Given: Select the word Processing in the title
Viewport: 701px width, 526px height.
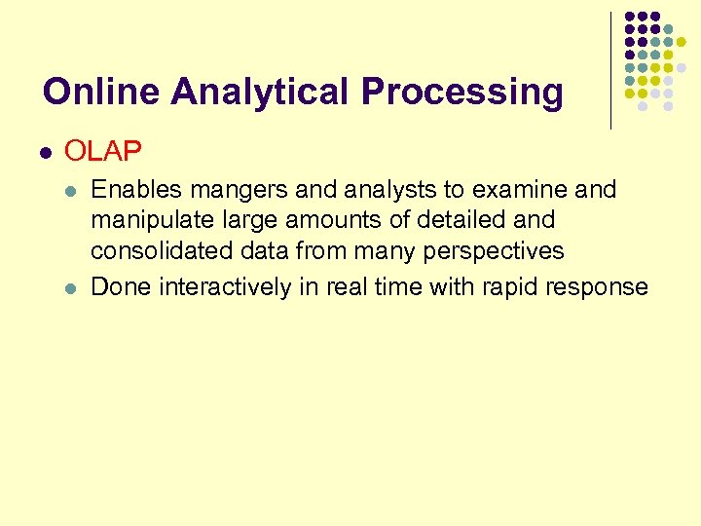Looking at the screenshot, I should [x=461, y=92].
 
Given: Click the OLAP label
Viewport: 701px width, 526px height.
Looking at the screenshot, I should [x=103, y=151].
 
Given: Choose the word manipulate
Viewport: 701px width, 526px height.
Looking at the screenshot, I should [x=145, y=220].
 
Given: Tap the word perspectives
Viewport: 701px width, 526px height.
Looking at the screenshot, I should [x=495, y=251].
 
